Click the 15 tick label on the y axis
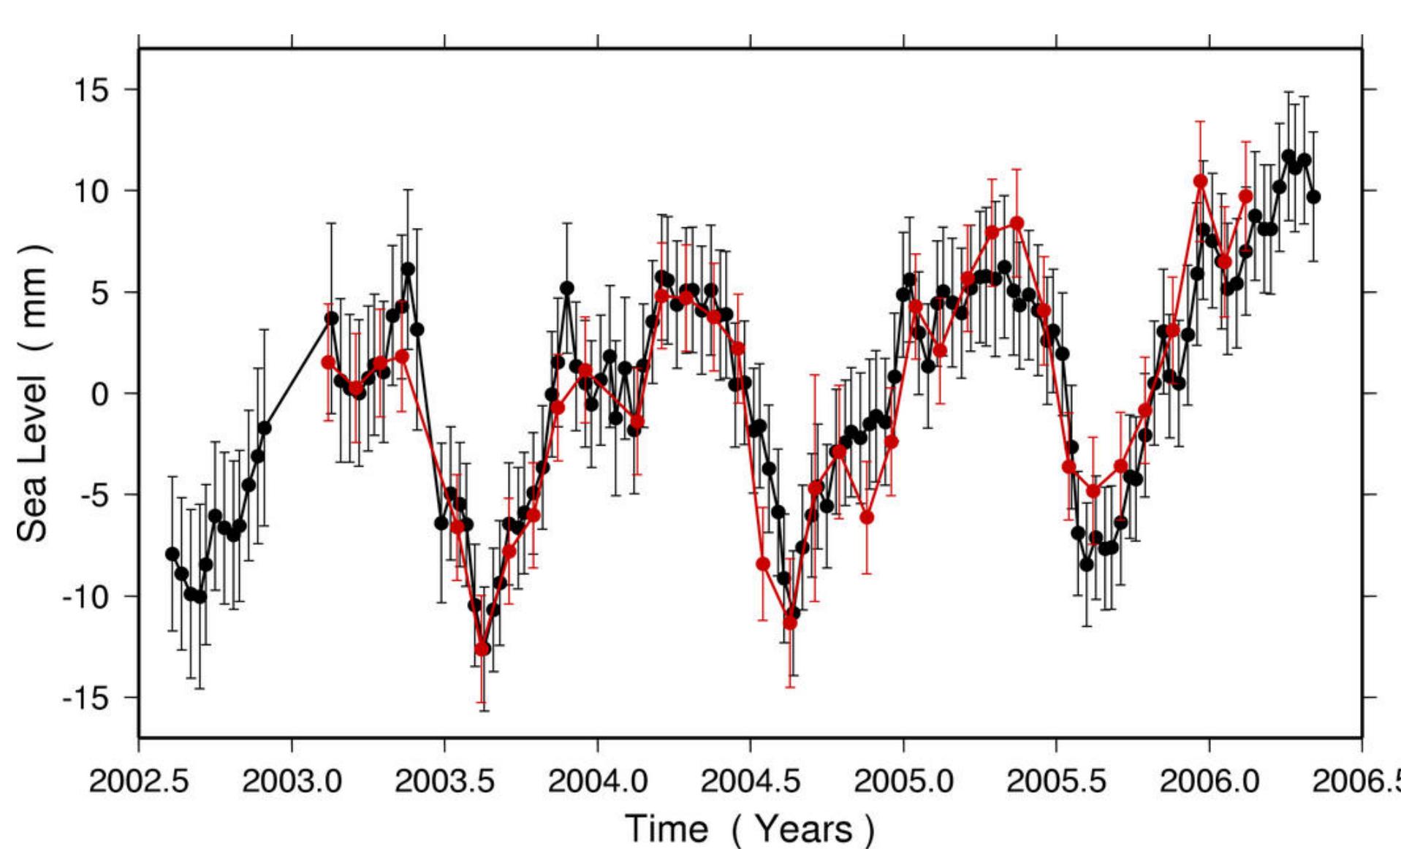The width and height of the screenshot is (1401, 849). coord(91,91)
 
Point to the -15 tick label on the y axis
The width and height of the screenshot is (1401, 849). coord(85,698)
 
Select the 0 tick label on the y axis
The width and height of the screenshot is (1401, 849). coord(99,395)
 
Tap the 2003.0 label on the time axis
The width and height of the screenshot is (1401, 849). coord(292,781)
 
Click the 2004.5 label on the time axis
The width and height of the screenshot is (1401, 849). coord(750,781)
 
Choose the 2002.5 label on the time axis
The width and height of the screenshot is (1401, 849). coord(139,781)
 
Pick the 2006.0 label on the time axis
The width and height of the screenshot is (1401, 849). coord(1209,781)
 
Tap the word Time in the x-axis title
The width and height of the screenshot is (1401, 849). coord(667,829)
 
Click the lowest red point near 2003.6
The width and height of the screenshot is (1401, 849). coord(482,649)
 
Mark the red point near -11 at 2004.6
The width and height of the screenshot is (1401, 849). coord(790,623)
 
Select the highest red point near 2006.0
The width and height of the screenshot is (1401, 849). coord(1200,180)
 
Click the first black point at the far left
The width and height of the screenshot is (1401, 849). coord(172,554)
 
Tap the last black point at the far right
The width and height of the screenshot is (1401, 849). coord(1313,197)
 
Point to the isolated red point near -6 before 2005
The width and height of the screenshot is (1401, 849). coord(867,517)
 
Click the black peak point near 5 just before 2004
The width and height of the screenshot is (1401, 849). coord(567,288)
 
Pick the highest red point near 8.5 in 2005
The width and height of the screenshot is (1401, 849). coord(1017,222)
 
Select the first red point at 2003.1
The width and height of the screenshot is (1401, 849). coord(328,362)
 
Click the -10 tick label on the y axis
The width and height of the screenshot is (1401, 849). coord(85,597)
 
